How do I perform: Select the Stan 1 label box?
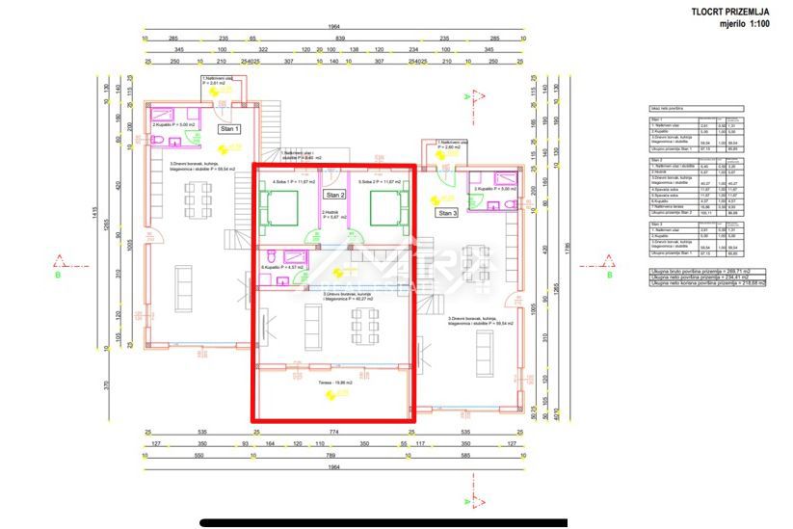click(x=230, y=128)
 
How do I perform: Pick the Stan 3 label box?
click(x=447, y=213)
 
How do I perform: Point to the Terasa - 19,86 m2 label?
click(x=333, y=382)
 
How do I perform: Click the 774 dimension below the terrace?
click(x=333, y=435)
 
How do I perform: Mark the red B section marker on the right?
click(x=608, y=261)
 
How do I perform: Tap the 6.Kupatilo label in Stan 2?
click(x=280, y=266)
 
